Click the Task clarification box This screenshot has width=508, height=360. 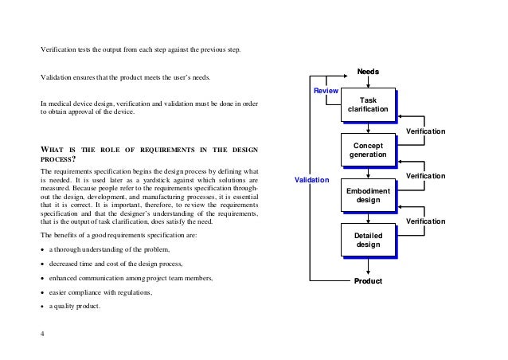[x=368, y=104]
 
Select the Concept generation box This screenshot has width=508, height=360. [x=368, y=151]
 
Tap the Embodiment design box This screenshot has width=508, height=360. [x=368, y=196]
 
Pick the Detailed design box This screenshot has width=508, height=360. [x=368, y=240]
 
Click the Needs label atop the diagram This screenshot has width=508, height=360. [x=368, y=72]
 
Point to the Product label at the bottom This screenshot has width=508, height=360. [x=368, y=282]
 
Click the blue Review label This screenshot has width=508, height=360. [x=326, y=92]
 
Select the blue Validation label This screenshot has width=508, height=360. [x=311, y=180]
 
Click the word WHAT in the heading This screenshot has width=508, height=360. [x=53, y=149]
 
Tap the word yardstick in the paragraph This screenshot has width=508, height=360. [x=145, y=181]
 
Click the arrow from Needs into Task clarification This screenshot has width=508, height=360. [x=368, y=83]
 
